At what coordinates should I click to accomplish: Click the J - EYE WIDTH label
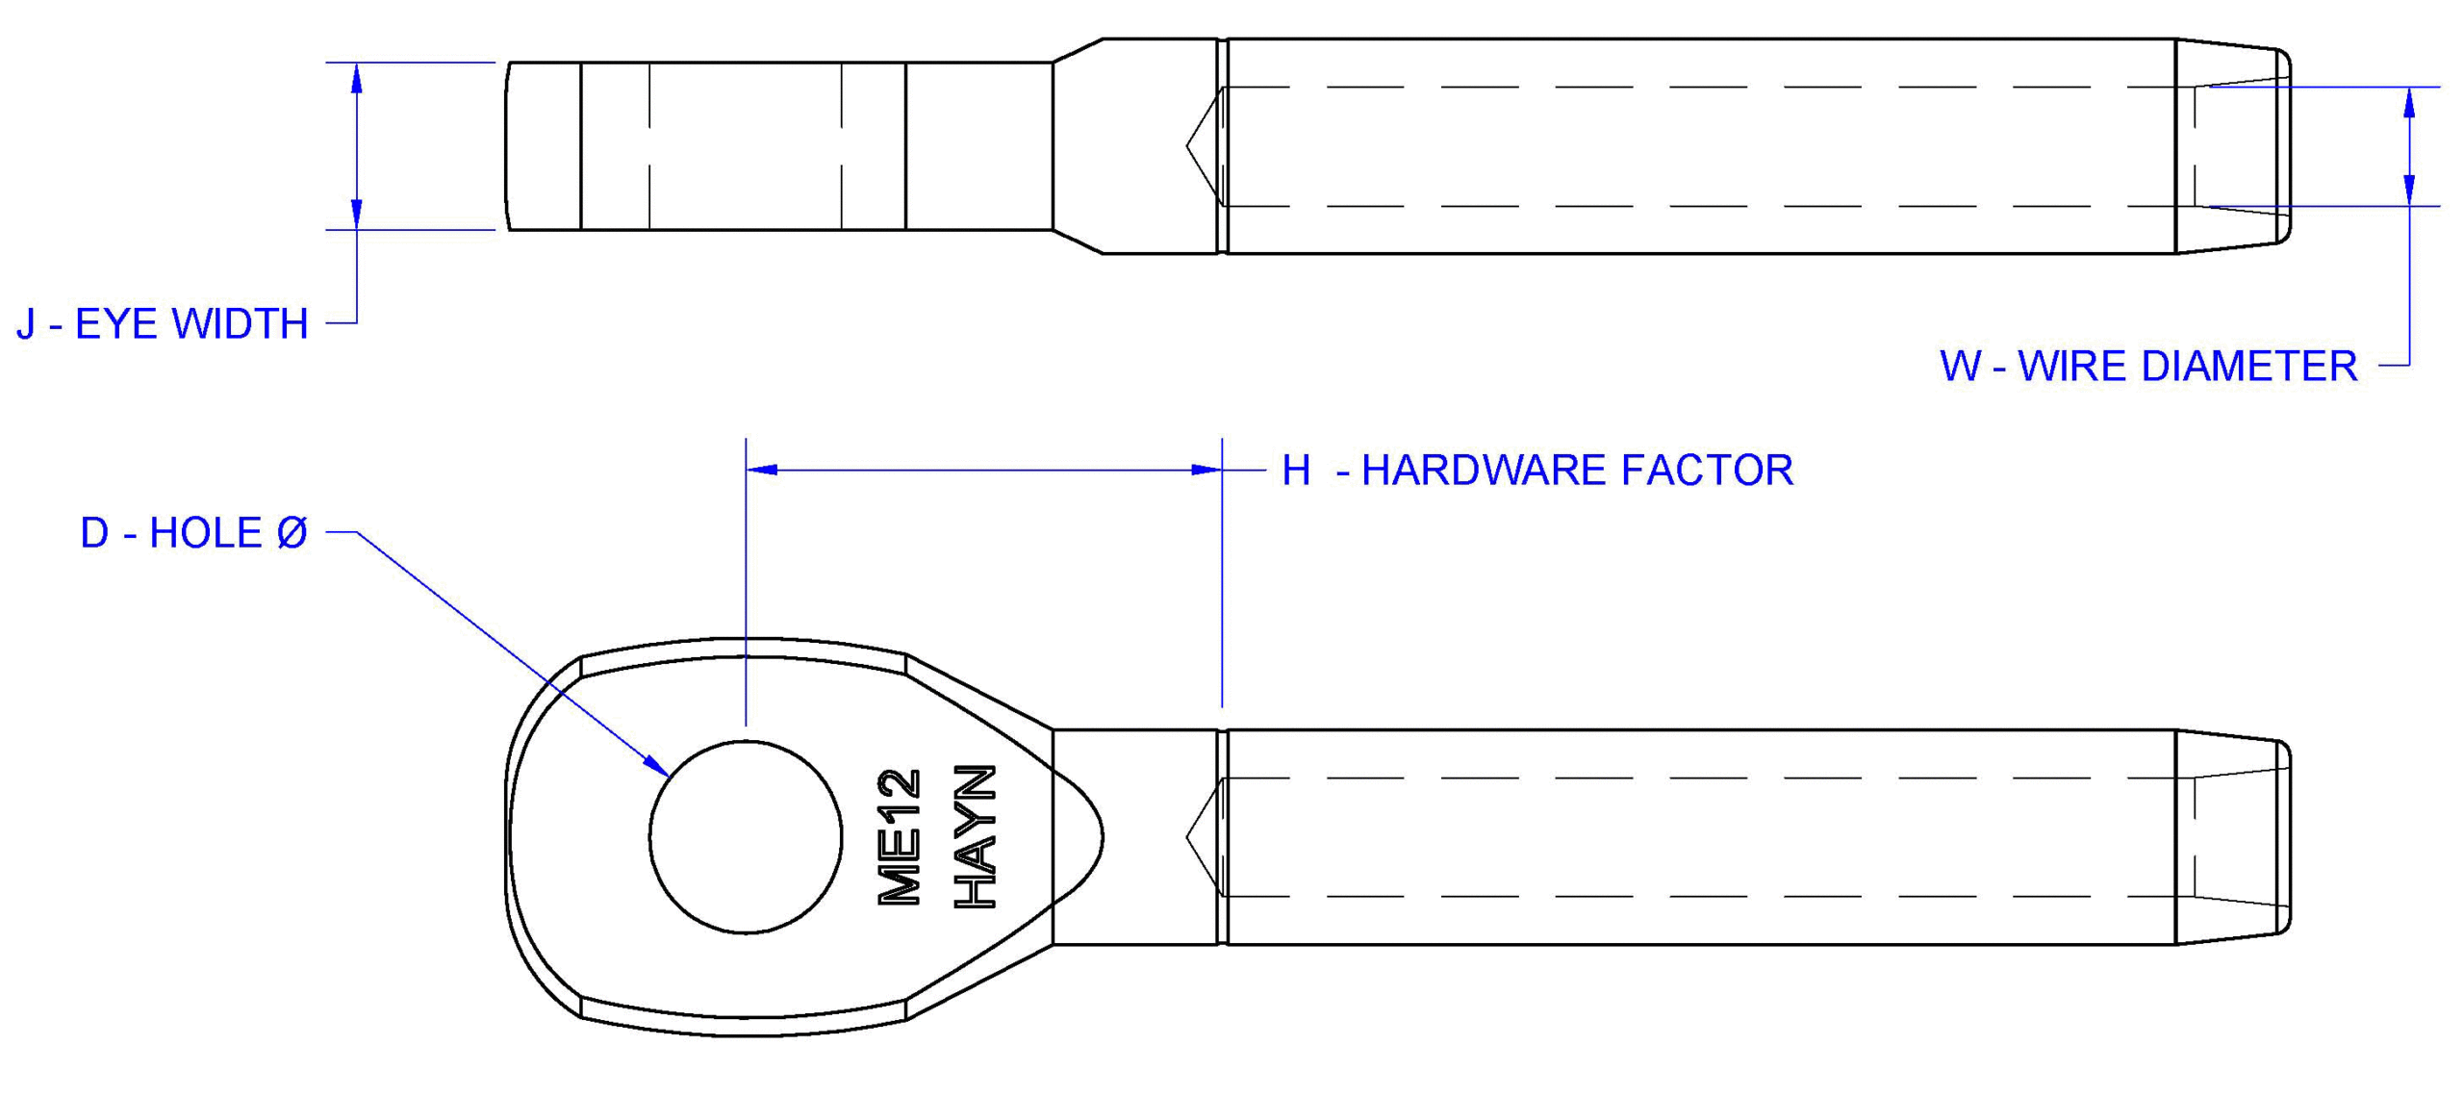click(162, 324)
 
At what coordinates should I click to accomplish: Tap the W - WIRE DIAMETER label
click(2147, 367)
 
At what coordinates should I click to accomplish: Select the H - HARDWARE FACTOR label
click(1536, 471)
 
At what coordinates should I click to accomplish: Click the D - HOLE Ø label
click(192, 533)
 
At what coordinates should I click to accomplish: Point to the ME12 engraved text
click(900, 836)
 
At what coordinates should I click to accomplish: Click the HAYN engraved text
click(975, 836)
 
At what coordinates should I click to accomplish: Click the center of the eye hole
click(745, 836)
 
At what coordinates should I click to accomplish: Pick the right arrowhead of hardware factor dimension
click(1206, 470)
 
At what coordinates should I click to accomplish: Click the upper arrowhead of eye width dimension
click(357, 77)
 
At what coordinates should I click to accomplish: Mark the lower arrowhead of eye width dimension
click(357, 215)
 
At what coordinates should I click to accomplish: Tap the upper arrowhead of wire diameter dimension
click(2408, 101)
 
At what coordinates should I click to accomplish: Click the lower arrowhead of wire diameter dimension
click(2408, 191)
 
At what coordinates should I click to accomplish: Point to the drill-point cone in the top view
click(1204, 146)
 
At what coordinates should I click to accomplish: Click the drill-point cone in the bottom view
click(1204, 836)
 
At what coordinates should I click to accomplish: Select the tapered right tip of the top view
click(2232, 146)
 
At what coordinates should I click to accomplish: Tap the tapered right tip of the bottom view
click(2232, 836)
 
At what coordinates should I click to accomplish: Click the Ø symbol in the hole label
click(292, 533)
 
